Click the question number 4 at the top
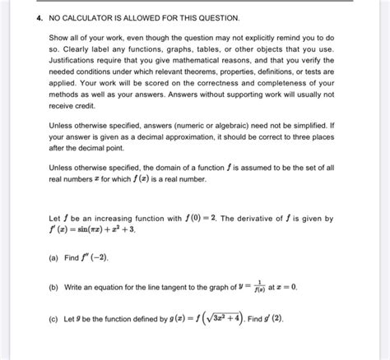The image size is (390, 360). click(28, 18)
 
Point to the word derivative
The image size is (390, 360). click(253, 219)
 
